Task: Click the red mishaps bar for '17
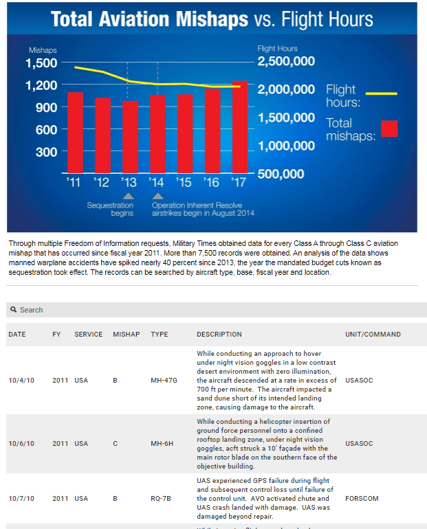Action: [240, 127]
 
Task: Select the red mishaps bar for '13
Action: [130, 137]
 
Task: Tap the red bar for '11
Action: [75, 132]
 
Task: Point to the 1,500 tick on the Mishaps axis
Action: [41, 63]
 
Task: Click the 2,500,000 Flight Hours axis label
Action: [286, 62]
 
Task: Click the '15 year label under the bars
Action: [184, 183]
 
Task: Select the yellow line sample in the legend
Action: [381, 93]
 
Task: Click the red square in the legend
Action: [389, 129]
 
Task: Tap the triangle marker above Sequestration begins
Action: [128, 196]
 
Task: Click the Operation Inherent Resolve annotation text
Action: [203, 209]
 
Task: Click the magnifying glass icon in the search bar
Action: [13, 310]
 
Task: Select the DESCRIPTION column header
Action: [219, 335]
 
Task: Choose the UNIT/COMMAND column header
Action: [373, 335]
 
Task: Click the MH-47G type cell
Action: [164, 380]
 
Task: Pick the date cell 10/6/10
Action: [21, 444]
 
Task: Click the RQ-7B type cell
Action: [162, 499]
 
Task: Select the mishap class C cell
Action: [115, 444]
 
